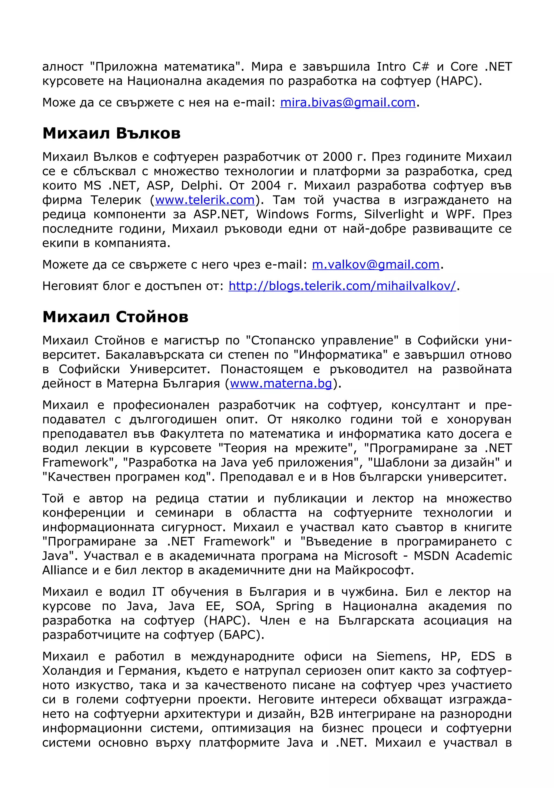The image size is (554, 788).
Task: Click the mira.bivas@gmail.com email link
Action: point(348,102)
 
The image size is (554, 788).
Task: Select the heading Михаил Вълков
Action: point(111,133)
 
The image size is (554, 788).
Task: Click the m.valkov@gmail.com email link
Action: point(375,264)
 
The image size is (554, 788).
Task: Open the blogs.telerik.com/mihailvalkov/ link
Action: point(342,286)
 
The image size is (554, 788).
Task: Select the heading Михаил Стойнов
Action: point(115,316)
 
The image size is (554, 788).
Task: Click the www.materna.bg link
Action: point(281,383)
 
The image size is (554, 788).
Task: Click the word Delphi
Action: point(199,185)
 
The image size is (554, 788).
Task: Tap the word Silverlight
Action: point(394,214)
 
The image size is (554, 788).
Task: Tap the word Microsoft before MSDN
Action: point(371,556)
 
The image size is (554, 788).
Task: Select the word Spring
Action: point(295,606)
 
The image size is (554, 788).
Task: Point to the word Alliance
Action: point(65,570)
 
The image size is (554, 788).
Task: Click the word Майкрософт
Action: point(374,570)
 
